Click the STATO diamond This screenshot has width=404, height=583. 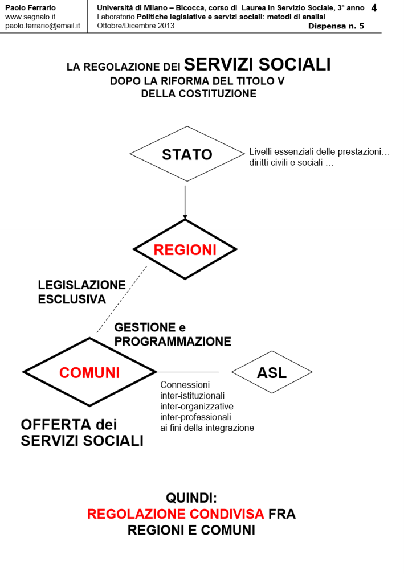coord(187,154)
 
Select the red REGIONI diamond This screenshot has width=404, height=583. coord(185,250)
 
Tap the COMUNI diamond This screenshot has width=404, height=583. coord(89,372)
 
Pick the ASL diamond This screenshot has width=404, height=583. coord(272,372)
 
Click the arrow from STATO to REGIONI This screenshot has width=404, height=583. coord(185,199)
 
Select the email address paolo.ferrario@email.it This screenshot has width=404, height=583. coord(42,26)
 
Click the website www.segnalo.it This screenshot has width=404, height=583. coord(30,17)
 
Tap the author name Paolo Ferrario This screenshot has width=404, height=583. coord(30,8)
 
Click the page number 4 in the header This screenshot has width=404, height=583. coord(373,9)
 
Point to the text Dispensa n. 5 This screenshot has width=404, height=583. coord(336,26)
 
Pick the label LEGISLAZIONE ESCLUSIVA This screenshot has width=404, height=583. coord(81,291)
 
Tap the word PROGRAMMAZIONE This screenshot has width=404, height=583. coord(173,342)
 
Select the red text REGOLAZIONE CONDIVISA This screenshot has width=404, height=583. coord(176,514)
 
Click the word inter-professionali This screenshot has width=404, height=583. coord(193,417)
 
